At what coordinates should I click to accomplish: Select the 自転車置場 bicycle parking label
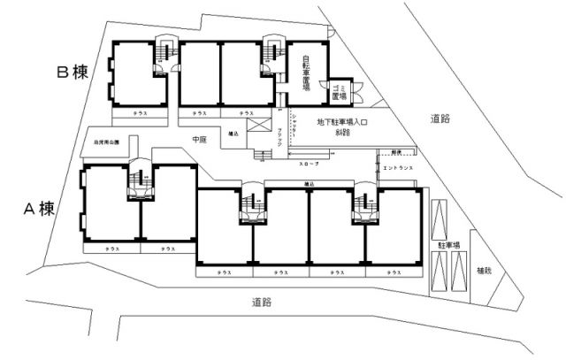coord(304,75)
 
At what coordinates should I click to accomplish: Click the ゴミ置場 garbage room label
coord(338,91)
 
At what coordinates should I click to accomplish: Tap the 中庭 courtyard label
coord(200,139)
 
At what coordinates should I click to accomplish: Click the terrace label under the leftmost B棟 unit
coord(140,113)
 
